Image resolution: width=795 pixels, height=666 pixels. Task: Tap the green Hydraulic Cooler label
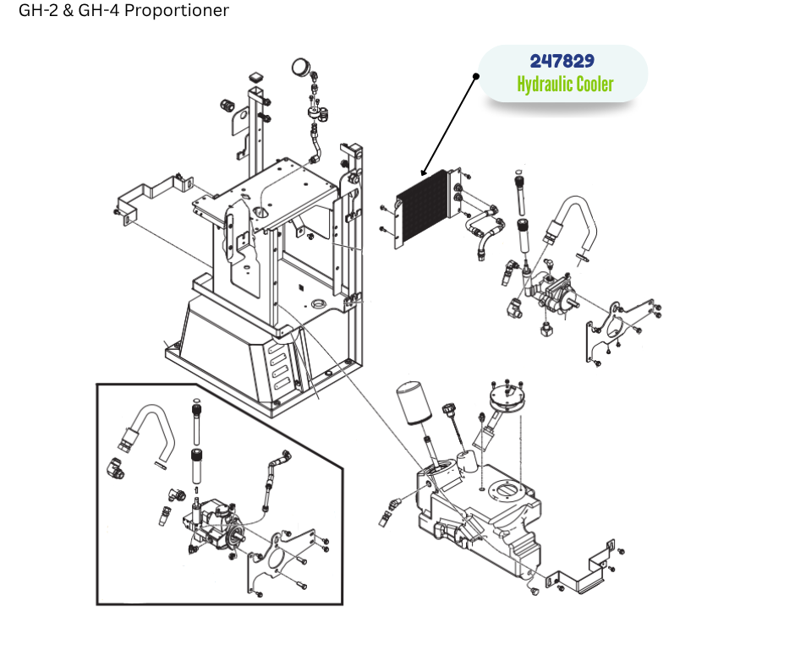pyautogui.click(x=565, y=85)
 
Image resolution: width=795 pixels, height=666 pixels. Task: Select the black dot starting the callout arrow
pyautogui.click(x=476, y=76)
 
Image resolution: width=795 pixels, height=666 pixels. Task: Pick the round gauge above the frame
pyautogui.click(x=300, y=67)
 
